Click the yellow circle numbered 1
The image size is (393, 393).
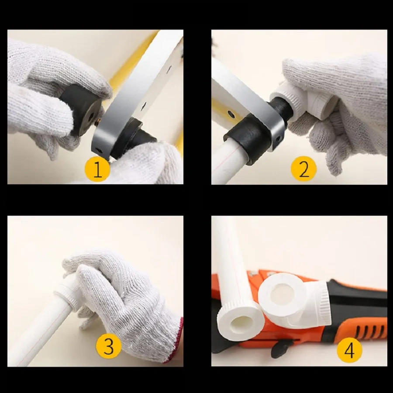97,169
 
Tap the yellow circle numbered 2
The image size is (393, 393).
303,169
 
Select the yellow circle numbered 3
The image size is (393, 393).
109,346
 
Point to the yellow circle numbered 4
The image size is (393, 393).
349,350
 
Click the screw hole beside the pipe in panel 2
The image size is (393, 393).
231,115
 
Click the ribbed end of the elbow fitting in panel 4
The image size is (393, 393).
323,304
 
